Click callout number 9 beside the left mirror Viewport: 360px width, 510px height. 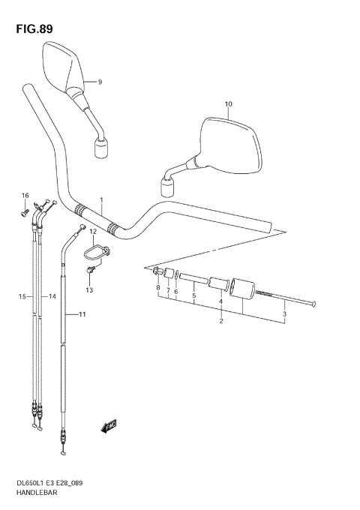(99, 81)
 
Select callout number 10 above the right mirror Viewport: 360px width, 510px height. (228, 104)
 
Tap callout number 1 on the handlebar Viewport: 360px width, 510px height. (100, 200)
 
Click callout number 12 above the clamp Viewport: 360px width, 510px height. (94, 232)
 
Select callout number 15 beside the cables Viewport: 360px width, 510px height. (22, 297)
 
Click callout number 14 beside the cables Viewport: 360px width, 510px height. (52, 297)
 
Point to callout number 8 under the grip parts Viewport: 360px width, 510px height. (158, 289)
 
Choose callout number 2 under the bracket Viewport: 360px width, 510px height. (221, 322)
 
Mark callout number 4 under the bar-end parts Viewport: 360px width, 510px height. (220, 301)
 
